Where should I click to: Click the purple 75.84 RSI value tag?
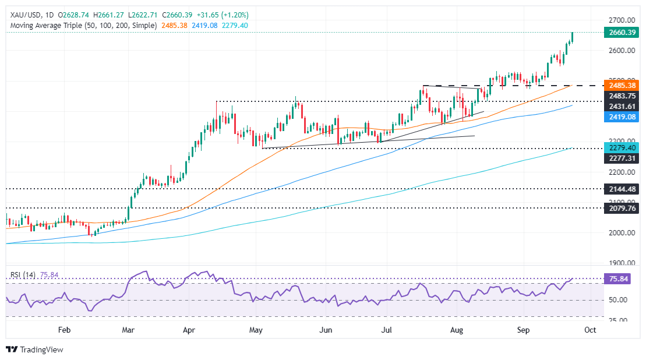[620, 279]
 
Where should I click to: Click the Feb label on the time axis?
[65, 330]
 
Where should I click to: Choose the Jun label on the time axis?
[326, 330]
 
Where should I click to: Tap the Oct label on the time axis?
[589, 330]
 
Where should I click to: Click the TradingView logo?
[34, 350]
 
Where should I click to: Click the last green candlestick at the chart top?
[573, 37]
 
